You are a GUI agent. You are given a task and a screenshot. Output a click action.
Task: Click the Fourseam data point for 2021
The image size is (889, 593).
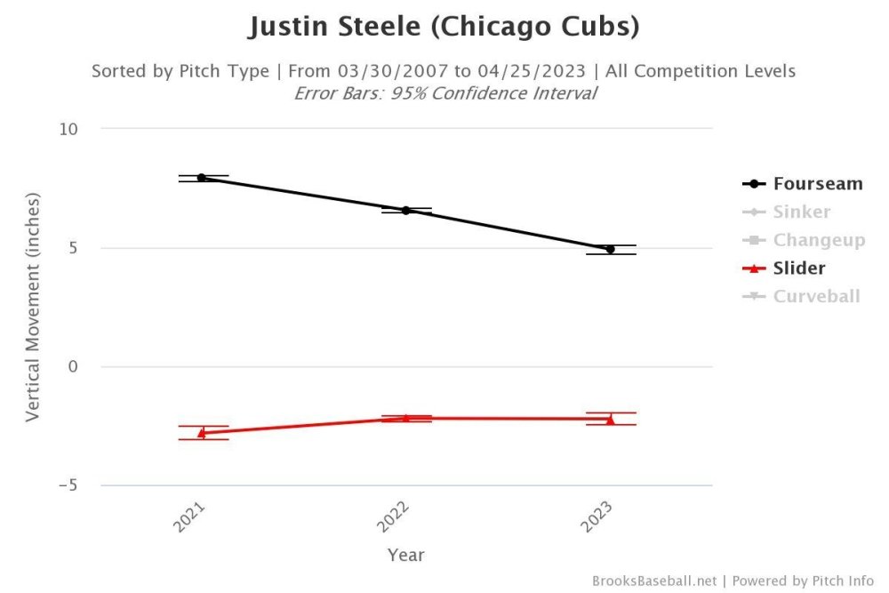tap(202, 178)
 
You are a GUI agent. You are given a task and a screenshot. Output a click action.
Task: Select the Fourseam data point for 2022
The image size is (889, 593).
tap(405, 211)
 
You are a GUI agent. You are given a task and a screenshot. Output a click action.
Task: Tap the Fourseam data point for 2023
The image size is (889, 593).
tap(610, 250)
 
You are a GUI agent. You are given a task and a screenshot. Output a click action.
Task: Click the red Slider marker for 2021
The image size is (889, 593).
tap(202, 433)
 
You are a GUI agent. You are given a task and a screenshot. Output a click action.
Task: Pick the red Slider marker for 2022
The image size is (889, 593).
tap(405, 418)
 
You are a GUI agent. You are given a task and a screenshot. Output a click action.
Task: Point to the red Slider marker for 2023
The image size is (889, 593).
tap(610, 420)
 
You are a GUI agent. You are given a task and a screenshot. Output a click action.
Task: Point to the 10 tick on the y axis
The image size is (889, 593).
tap(69, 129)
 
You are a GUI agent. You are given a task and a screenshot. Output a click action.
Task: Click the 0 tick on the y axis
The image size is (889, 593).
tap(74, 367)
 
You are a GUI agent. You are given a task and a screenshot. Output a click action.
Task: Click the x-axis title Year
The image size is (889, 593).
tap(405, 555)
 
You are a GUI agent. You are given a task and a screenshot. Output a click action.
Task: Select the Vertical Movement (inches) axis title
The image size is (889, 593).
tap(33, 307)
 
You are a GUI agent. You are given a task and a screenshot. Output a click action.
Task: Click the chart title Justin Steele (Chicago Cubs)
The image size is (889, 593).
tap(444, 27)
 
